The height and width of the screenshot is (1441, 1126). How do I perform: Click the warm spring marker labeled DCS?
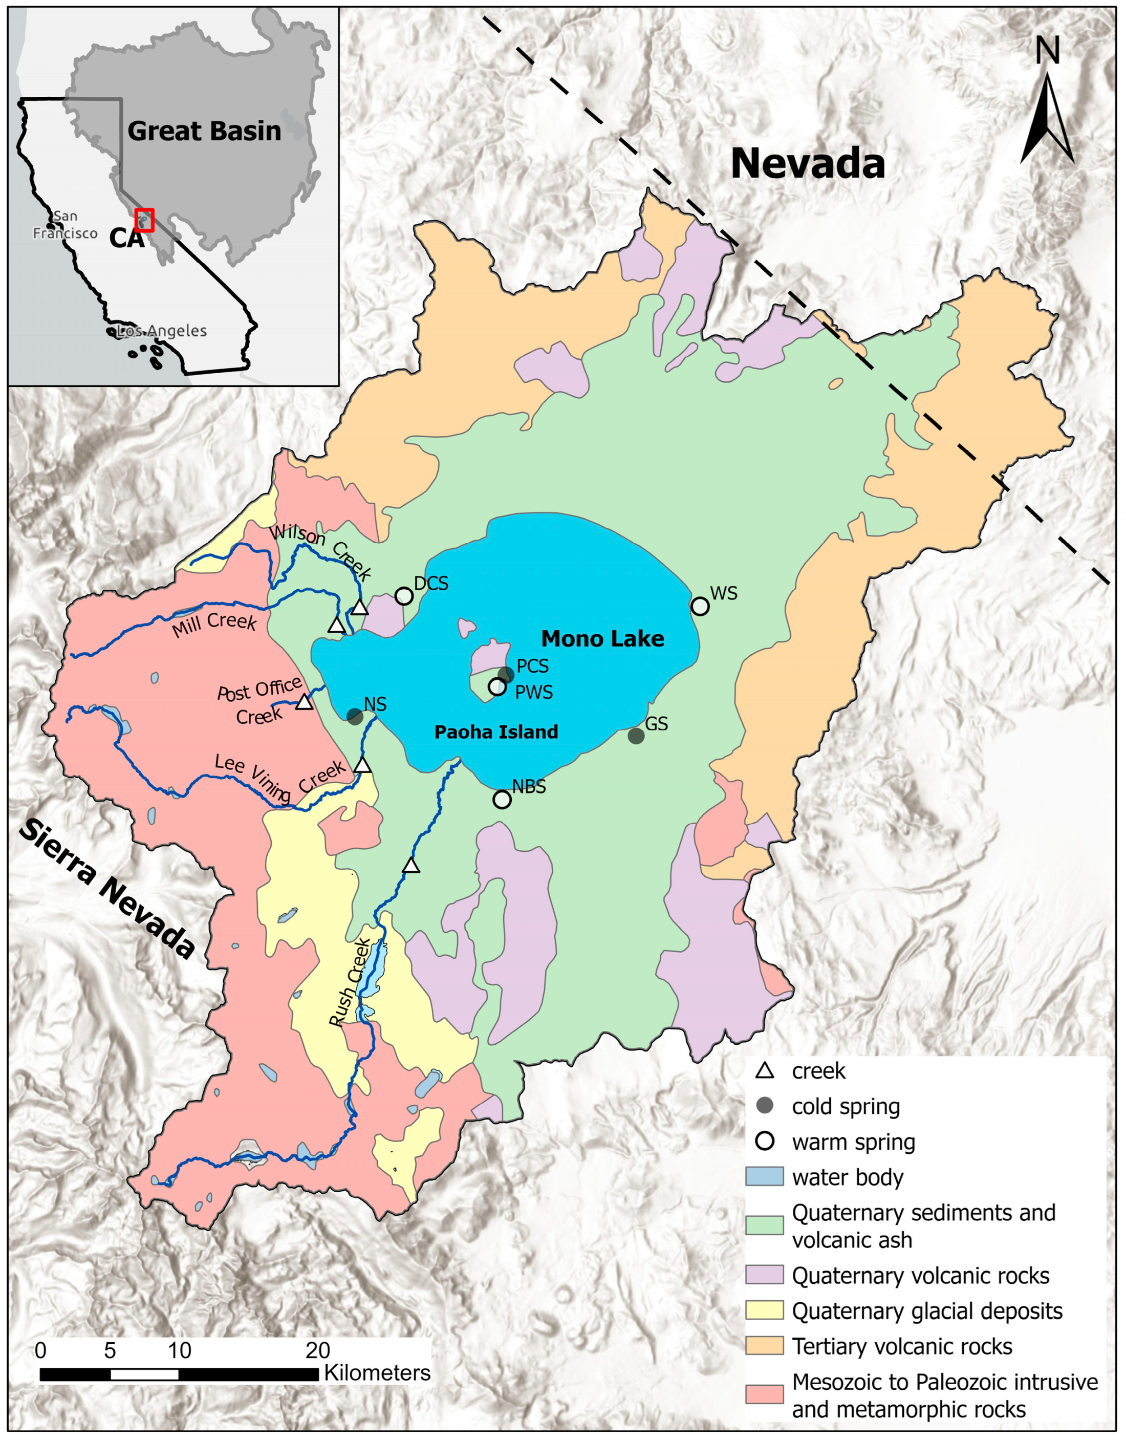pos(404,596)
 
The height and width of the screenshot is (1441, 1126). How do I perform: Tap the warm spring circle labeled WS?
pos(700,606)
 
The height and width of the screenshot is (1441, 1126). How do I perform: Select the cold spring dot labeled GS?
pos(636,736)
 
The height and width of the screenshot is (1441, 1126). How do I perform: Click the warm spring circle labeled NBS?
pos(502,800)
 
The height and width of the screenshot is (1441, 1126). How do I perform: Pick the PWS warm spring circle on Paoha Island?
pos(497,687)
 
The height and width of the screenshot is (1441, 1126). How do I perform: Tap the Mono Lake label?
pos(602,639)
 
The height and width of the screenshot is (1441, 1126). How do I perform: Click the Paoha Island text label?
pos(496,732)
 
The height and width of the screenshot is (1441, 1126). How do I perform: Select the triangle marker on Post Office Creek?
pos(304,702)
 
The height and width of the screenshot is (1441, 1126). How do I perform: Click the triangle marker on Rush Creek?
pos(411,866)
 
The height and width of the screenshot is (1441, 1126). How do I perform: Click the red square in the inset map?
pos(144,220)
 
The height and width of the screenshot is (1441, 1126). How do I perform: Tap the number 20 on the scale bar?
pos(317,1350)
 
